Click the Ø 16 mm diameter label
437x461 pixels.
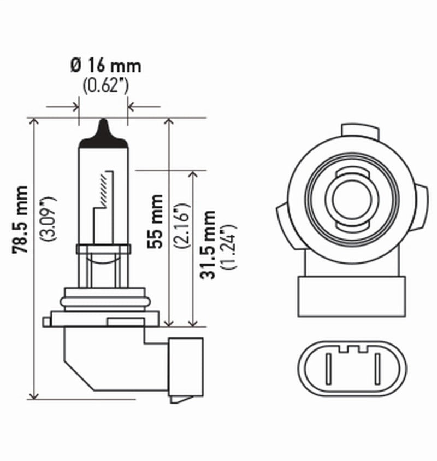[105, 66]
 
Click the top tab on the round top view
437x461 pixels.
[359, 131]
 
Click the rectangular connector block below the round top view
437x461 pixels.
[352, 296]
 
